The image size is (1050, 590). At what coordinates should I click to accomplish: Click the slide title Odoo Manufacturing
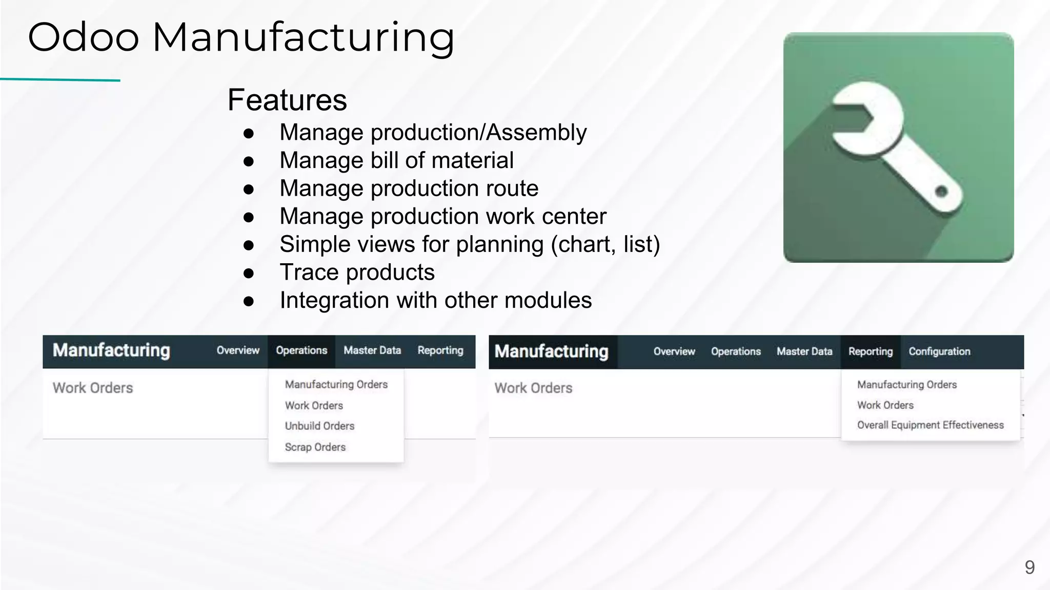point(241,37)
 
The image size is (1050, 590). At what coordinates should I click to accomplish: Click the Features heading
point(287,100)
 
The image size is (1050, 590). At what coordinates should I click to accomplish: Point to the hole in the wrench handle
point(941,192)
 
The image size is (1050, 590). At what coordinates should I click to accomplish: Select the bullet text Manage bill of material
point(396,160)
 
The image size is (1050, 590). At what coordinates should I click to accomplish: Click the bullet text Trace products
point(357,272)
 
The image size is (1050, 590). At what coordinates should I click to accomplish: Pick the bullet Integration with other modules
point(435,300)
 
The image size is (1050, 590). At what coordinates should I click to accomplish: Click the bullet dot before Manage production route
point(249,189)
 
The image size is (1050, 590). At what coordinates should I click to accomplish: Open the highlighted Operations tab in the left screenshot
point(301,351)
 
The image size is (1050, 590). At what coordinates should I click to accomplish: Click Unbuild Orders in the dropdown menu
point(319,426)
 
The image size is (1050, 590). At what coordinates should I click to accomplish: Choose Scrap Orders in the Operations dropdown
point(315,447)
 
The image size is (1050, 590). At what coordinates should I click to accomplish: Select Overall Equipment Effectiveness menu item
point(930,425)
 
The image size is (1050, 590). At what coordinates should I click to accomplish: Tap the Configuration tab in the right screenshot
point(939,352)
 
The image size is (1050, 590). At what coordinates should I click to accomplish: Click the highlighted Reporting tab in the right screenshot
point(871,352)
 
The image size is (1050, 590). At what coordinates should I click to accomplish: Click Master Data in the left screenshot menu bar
point(372,351)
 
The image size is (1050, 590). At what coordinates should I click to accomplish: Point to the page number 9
point(1029,567)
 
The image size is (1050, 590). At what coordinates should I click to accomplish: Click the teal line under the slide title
point(60,80)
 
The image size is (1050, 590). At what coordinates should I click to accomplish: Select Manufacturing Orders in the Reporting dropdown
point(907,385)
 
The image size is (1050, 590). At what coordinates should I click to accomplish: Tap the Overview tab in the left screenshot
point(238,351)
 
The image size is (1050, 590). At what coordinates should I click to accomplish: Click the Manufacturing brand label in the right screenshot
point(552,352)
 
